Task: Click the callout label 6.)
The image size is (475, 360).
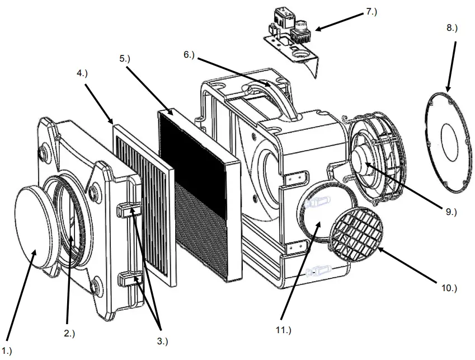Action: click(x=191, y=54)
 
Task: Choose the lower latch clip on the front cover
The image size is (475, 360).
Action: click(x=128, y=279)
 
